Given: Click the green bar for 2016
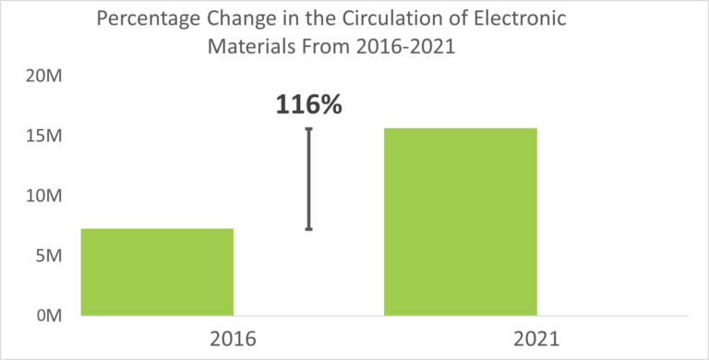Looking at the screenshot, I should [157, 271].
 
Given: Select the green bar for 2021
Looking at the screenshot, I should [460, 222].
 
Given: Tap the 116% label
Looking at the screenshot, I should [308, 104].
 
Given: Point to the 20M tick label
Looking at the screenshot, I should [43, 77].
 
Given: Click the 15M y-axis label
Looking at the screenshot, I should [43, 137].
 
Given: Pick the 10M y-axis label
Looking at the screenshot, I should [43, 196].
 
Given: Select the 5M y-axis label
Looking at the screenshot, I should [47, 256].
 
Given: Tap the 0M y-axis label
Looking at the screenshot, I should [47, 315].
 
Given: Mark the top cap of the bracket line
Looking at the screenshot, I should [308, 129].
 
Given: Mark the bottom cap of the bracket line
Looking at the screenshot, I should [308, 229].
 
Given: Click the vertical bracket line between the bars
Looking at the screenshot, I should [308, 179].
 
